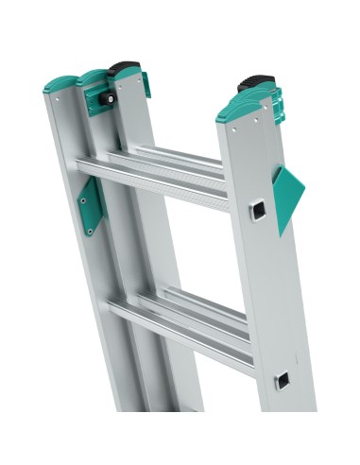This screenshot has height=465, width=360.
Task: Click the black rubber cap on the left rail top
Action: point(123,68)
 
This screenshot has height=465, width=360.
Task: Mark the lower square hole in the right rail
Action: point(283,381)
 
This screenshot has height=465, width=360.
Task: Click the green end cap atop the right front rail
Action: point(242,111)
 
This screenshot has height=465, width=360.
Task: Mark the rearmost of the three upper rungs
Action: point(180,153)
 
